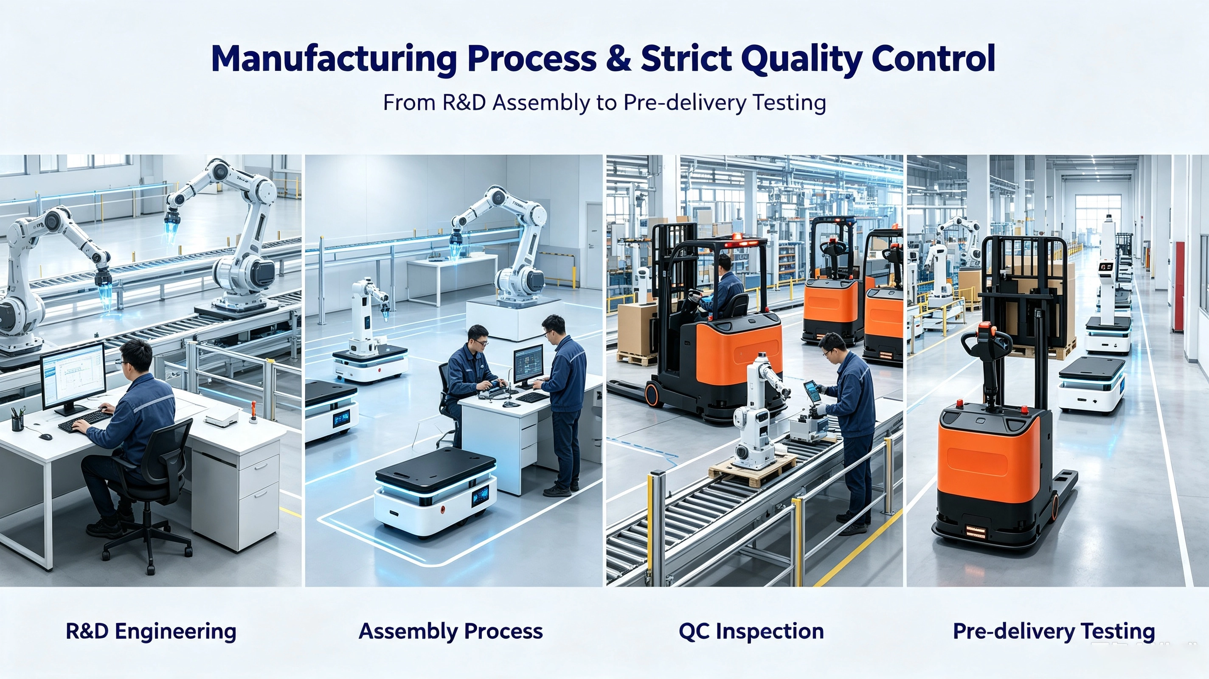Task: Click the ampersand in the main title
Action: click(618, 59)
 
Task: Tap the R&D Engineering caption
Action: click(151, 631)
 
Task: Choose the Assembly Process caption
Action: click(450, 631)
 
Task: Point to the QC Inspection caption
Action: click(751, 631)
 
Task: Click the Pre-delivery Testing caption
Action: click(1054, 631)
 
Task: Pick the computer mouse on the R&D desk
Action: click(45, 437)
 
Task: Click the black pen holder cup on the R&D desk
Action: click(17, 422)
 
